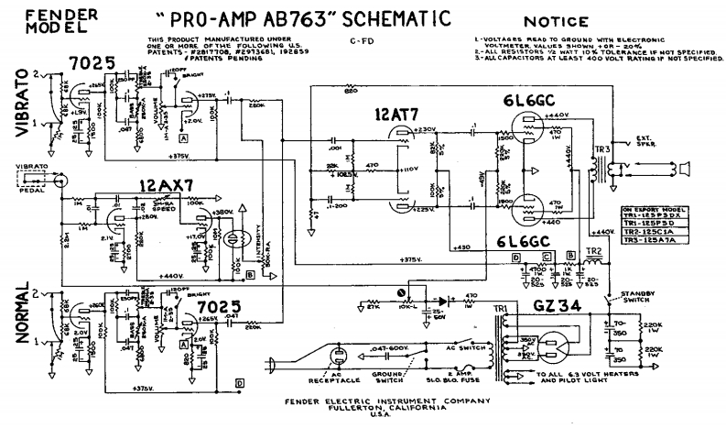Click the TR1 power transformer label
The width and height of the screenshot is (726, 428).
pos(502,310)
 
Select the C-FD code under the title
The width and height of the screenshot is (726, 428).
pos(358,41)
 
